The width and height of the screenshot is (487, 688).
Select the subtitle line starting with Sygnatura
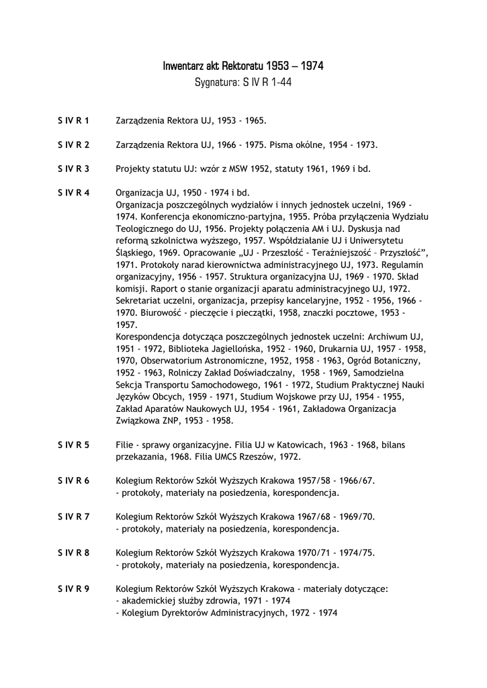243,83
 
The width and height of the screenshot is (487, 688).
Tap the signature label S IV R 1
74,121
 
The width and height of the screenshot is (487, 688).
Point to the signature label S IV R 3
74,168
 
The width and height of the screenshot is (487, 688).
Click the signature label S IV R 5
74,445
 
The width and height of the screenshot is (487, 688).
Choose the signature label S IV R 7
74,516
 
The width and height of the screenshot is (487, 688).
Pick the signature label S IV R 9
74,589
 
